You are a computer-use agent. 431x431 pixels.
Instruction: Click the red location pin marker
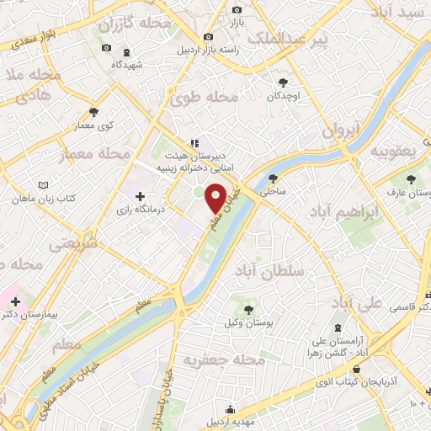point(215,198)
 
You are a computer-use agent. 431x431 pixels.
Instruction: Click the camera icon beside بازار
point(237,9)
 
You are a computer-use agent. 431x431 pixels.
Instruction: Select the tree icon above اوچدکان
point(283,82)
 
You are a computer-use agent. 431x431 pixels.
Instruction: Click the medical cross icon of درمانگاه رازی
point(140,196)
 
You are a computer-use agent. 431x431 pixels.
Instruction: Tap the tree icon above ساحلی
point(274,178)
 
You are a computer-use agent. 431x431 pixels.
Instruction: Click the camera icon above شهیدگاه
point(106,47)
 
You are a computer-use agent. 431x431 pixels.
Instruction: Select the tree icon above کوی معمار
point(93,112)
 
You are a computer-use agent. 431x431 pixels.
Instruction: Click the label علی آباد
point(357,302)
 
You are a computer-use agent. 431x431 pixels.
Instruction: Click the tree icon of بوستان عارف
point(411,180)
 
